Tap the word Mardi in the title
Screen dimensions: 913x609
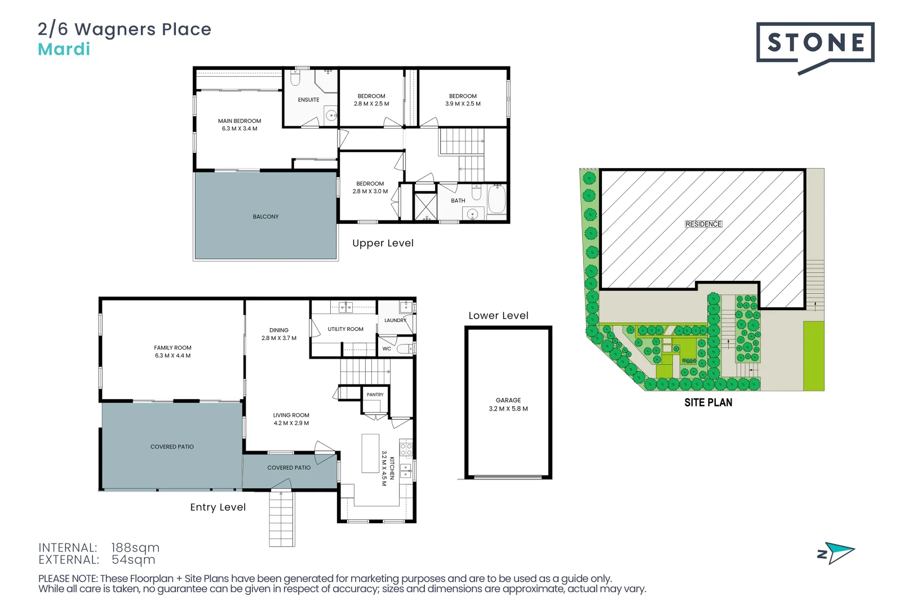pos(64,50)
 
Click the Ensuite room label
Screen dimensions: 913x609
pos(308,100)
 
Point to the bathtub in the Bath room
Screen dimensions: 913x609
pos(497,199)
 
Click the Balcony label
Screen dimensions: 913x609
pos(266,217)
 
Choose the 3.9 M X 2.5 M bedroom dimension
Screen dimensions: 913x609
pos(463,104)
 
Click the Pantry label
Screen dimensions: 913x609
pos(375,395)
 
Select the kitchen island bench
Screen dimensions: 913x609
pos(370,453)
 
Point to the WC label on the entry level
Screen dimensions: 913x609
pos(387,348)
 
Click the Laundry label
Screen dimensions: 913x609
pos(396,320)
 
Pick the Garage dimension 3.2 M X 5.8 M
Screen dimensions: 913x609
pos(508,408)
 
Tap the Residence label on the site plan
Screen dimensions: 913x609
pos(703,224)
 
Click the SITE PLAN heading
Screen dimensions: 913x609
pos(708,403)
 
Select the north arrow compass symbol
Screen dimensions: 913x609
pos(836,553)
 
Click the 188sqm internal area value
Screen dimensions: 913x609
pos(135,548)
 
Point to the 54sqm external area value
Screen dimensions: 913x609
pos(134,559)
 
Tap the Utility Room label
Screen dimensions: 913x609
pos(345,329)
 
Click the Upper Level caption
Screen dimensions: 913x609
pos(383,243)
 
